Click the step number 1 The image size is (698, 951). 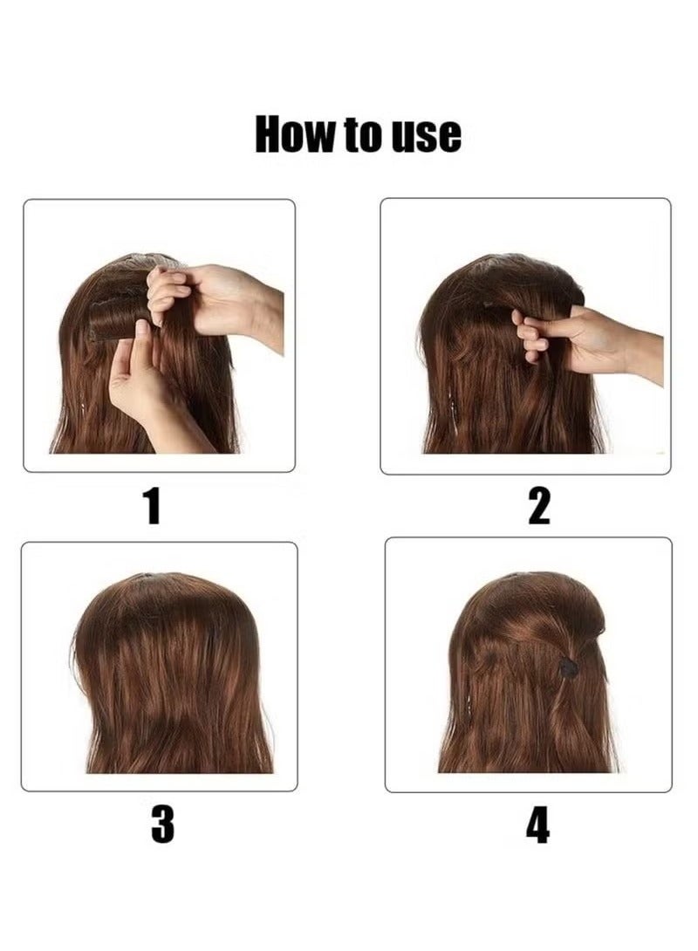153,506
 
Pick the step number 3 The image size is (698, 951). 162,824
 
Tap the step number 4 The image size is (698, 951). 538,824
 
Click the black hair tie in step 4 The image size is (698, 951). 568,667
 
